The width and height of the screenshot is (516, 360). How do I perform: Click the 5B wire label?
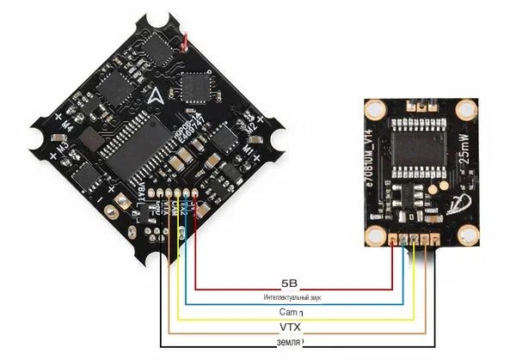point(289,283)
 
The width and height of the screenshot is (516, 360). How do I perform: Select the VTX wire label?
point(290,326)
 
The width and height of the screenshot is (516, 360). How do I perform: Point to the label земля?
point(290,341)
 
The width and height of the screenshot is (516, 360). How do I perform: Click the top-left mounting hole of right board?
point(376,110)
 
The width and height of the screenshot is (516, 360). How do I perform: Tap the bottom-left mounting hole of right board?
point(376,238)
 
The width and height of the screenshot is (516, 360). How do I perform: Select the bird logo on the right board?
point(457,203)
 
